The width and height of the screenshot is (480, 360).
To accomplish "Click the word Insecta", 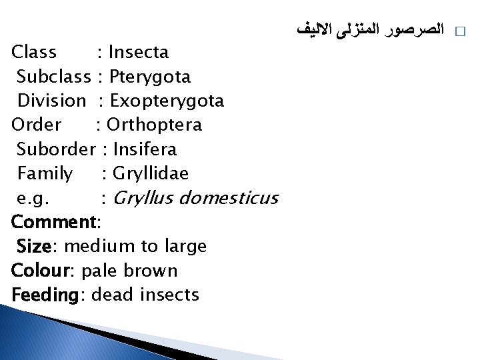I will [138, 52].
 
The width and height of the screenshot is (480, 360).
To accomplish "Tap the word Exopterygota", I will [167, 101].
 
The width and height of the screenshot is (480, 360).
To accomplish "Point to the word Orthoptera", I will [154, 125].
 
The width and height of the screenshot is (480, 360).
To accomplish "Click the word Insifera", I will [145, 149].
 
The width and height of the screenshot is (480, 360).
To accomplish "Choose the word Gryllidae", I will [151, 174].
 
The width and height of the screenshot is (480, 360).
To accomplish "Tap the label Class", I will [34, 52].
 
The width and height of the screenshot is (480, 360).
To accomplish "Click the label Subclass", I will [53, 77].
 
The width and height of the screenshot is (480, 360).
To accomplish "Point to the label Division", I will [51, 101].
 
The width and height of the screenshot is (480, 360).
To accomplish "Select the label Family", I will [45, 174].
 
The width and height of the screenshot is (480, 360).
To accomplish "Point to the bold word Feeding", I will [45, 295].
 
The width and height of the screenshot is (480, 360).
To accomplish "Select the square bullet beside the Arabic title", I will [459, 31].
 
